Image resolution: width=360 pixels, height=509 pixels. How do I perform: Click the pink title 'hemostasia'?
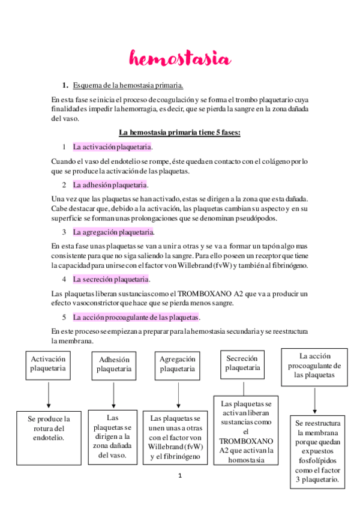pyautogui.click(x=179, y=59)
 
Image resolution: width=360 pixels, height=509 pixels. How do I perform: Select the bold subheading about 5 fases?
pyautogui.click(x=179, y=132)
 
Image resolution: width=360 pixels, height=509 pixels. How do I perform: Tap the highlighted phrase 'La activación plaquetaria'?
pyautogui.click(x=112, y=146)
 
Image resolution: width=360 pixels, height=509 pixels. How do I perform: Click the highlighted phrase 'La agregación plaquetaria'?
pyautogui.click(x=113, y=232)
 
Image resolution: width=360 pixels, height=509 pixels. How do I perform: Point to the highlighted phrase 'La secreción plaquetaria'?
pyautogui.click(x=111, y=279)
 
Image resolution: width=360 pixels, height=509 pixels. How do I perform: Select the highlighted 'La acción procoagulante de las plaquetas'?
pyautogui.click(x=136, y=317)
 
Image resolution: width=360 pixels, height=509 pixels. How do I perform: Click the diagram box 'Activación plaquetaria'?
pyautogui.click(x=48, y=364)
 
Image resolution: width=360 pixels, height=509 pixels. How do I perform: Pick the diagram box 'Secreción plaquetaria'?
pyautogui.click(x=242, y=363)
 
